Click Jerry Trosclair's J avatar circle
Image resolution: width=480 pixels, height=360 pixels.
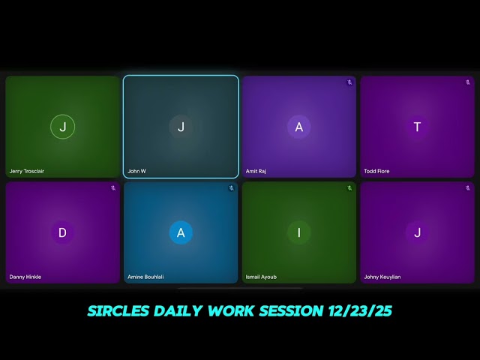[x=62, y=127]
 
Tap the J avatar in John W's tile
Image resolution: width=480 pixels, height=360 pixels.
[x=181, y=127]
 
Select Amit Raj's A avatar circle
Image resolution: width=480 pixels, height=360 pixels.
[x=298, y=127]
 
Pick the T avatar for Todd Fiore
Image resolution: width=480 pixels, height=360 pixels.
[x=417, y=127]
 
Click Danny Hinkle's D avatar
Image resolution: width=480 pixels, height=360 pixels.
[x=62, y=232]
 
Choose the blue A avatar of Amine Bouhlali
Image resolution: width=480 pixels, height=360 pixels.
[x=181, y=232]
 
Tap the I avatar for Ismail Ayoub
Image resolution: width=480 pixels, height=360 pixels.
[x=298, y=232]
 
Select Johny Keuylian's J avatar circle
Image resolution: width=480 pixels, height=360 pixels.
[x=417, y=232]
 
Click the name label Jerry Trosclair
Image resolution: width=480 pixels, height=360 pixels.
[x=27, y=171]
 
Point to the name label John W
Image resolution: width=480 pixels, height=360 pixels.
[x=137, y=171]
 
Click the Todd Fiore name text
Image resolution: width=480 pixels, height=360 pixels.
[x=376, y=171]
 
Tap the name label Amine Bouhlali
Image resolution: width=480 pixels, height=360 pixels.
[x=147, y=277]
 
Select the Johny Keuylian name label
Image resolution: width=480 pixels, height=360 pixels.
[x=382, y=277]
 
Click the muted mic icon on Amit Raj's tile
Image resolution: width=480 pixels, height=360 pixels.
[x=349, y=82]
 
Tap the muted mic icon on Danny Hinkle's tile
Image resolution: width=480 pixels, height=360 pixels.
[x=113, y=188]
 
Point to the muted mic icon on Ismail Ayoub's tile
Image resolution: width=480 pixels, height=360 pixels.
[x=349, y=188]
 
